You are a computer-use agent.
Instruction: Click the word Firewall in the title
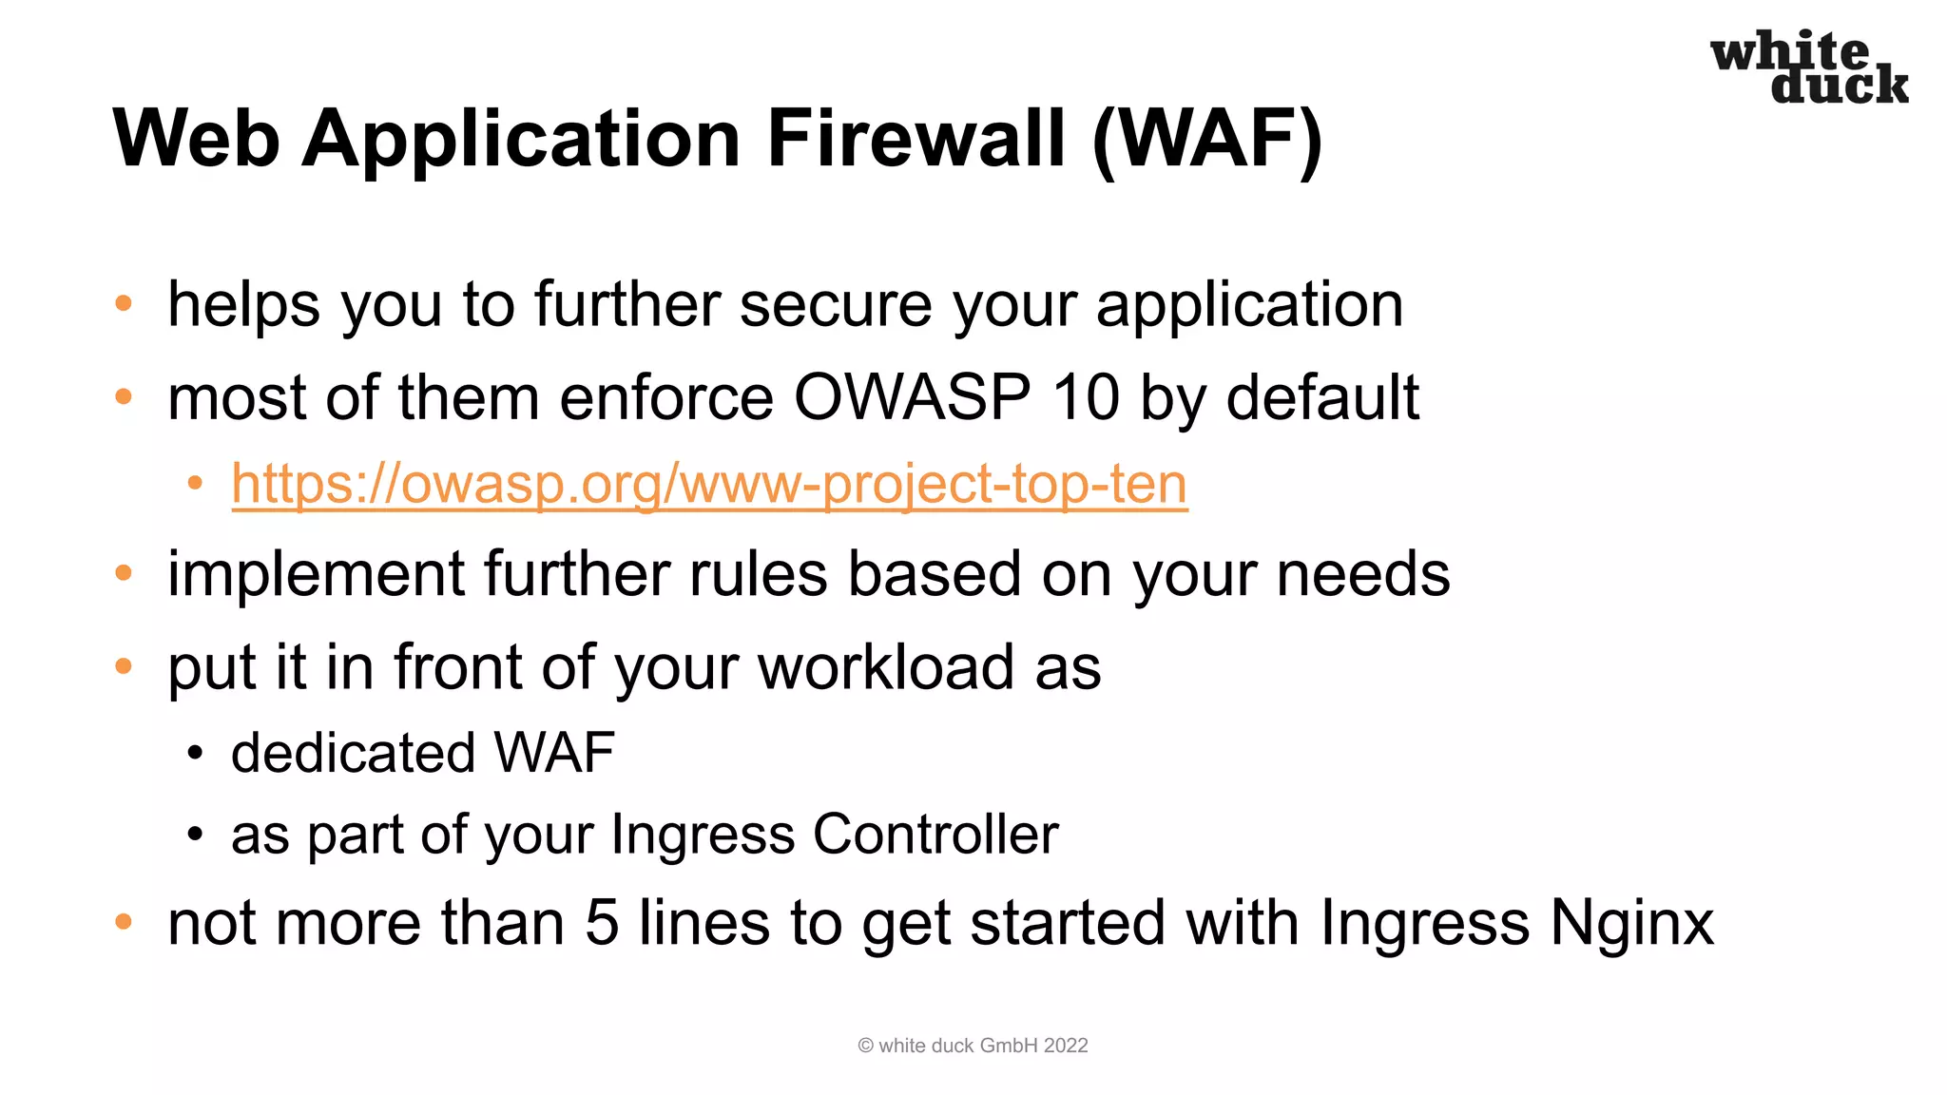click(x=916, y=139)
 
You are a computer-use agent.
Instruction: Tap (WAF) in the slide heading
click(x=1207, y=139)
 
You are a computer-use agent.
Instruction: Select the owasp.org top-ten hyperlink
click(x=709, y=484)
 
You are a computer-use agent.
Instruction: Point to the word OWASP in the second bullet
click(x=912, y=397)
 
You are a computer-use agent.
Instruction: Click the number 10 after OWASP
click(x=1086, y=397)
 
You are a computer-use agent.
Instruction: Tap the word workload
click(x=886, y=667)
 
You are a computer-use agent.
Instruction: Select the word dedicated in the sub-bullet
click(x=353, y=753)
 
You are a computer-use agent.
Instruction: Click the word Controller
click(x=935, y=835)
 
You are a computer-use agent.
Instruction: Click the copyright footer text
click(x=973, y=1046)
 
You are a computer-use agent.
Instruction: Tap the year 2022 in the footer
click(x=1065, y=1046)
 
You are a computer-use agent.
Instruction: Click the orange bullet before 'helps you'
click(x=124, y=304)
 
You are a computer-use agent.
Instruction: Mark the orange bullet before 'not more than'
click(x=124, y=921)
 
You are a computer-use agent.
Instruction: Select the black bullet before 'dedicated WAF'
click(x=195, y=754)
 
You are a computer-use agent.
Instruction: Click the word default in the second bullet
click(x=1322, y=397)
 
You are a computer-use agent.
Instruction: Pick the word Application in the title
click(x=521, y=139)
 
